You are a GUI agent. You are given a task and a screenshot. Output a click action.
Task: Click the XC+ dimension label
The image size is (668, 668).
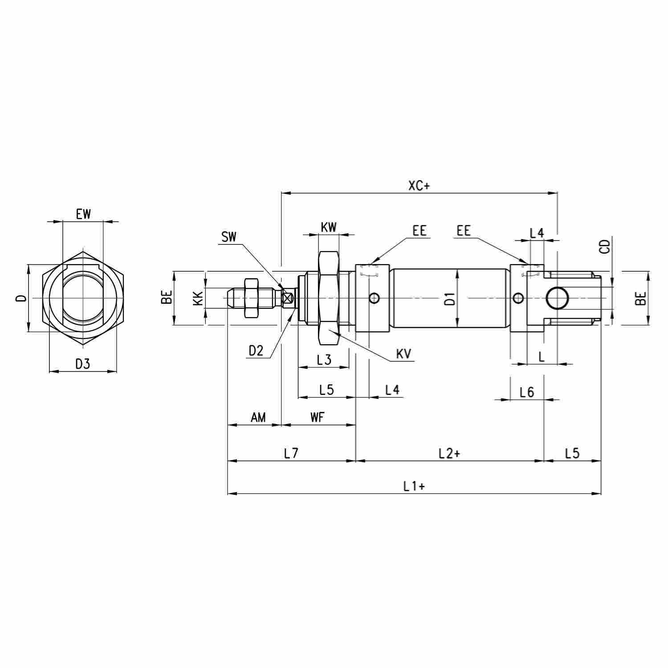click(419, 186)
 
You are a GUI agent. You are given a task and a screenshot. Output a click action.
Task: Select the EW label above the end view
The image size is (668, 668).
click(83, 214)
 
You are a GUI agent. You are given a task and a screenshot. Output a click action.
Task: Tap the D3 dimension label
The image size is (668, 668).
click(82, 364)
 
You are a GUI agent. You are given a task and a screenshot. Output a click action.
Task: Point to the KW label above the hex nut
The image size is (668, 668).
click(329, 227)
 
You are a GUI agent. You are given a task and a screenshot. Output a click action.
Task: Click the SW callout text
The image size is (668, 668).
click(229, 236)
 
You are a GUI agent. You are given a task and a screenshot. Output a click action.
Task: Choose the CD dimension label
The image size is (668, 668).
click(604, 246)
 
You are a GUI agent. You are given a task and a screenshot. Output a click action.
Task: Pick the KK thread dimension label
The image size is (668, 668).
click(198, 297)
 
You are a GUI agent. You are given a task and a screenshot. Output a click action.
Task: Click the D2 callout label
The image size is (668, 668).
click(256, 351)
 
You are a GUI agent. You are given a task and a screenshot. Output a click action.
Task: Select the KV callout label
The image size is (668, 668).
click(403, 354)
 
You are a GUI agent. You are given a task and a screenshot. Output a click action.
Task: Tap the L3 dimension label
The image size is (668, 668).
click(324, 359)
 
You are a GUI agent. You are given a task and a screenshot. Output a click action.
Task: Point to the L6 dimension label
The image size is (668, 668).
click(527, 392)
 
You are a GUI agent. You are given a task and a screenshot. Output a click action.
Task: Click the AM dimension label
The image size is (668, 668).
click(258, 417)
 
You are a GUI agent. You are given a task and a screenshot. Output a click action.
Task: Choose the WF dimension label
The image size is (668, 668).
click(318, 417)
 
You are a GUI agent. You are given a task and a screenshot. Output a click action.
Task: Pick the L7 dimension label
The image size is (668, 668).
click(291, 453)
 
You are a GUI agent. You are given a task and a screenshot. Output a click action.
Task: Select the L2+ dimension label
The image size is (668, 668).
click(449, 453)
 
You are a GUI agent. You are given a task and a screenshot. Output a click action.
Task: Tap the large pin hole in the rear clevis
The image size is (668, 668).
click(557, 298)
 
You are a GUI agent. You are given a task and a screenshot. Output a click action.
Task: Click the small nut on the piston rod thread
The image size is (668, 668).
click(251, 298)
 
